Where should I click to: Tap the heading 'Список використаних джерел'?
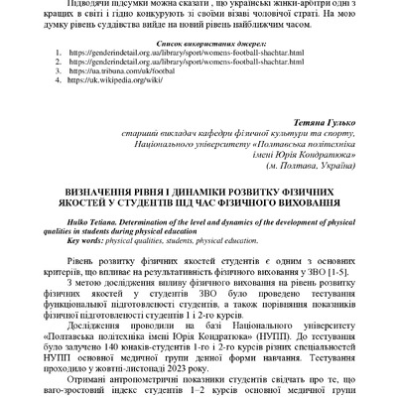tap(198, 46)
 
